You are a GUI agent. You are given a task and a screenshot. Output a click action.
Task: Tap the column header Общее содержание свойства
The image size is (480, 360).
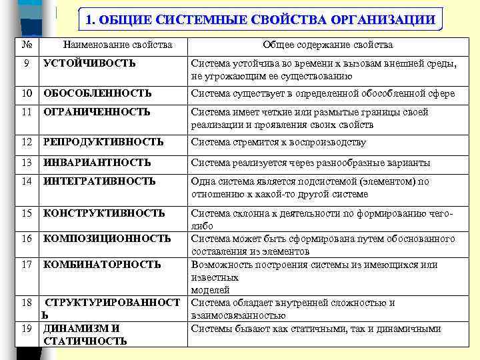coord(327,45)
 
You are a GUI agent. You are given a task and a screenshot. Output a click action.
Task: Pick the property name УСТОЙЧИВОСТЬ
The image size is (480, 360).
coord(89,64)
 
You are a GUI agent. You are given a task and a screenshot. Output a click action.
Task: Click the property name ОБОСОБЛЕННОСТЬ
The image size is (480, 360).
coord(97,93)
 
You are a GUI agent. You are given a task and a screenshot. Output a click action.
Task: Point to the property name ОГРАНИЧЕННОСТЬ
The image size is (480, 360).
coord(97,113)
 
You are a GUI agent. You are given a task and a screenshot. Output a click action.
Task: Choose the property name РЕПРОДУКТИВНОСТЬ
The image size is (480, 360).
coord(103,142)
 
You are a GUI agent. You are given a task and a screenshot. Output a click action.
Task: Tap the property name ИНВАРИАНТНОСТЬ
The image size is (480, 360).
coord(97,163)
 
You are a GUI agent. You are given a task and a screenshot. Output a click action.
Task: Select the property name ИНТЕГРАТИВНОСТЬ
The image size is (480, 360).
coord(99,181)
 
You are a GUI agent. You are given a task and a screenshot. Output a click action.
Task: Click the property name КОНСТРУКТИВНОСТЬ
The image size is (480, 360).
coord(104,213)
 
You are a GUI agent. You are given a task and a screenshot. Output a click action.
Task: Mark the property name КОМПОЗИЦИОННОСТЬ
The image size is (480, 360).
coord(107,239)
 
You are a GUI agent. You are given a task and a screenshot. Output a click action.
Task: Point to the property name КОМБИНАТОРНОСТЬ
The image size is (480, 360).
coord(102,265)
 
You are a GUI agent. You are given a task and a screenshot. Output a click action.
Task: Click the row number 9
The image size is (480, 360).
coord(25,64)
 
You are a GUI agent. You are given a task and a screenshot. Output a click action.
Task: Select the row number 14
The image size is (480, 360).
coord(27,181)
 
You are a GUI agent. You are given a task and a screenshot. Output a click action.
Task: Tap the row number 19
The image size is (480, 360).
coord(27,329)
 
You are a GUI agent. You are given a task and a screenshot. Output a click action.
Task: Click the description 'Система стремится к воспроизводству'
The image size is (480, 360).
coord(279,142)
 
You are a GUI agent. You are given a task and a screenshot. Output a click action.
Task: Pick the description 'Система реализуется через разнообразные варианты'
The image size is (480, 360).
coord(311,163)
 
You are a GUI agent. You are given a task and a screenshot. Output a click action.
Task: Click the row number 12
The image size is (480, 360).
coord(27,142)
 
